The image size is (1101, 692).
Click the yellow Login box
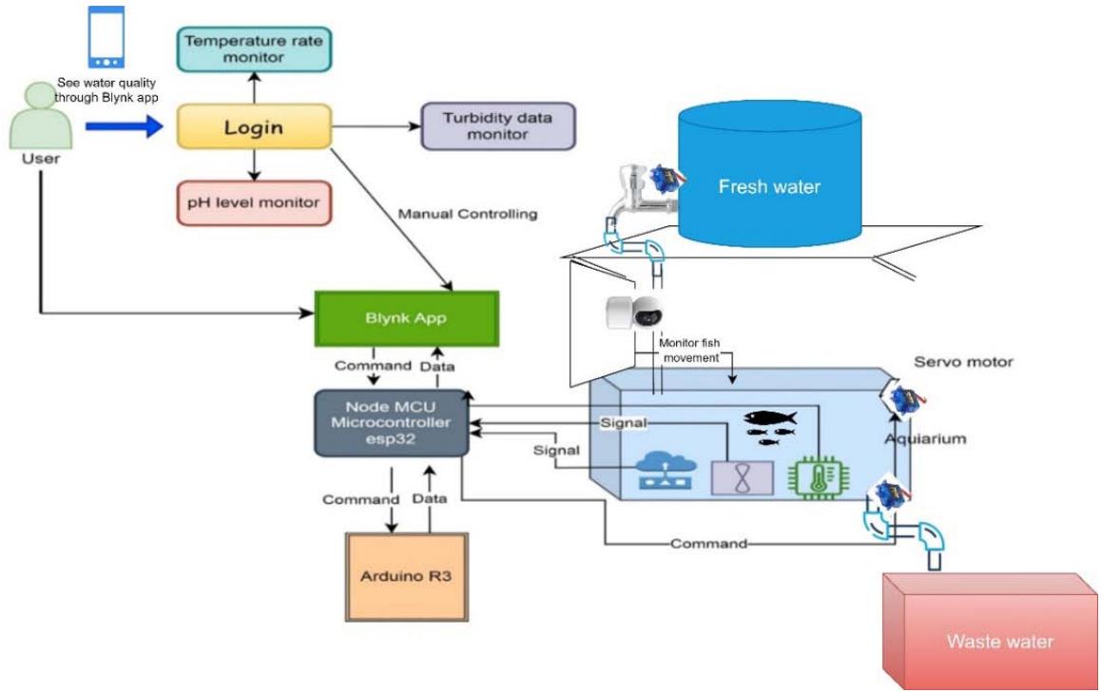(x=253, y=126)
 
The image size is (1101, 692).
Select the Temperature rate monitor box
(x=254, y=48)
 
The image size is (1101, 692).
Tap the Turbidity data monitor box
(x=497, y=126)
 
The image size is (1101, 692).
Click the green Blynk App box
(x=406, y=319)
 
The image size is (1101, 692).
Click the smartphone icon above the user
(x=105, y=38)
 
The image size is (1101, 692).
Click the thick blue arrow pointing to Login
(x=124, y=126)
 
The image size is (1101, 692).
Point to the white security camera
(x=634, y=313)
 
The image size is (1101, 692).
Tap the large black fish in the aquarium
(x=769, y=417)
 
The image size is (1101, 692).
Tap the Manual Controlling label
(x=468, y=214)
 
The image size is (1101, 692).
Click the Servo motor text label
(x=963, y=361)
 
